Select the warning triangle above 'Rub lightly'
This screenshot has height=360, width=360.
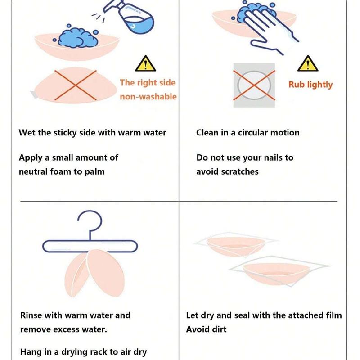307,64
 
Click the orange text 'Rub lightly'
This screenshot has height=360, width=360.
310,85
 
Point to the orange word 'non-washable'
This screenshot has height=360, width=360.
148,97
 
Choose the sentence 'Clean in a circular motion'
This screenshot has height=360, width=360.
247,133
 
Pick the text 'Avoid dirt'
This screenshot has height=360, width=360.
207,329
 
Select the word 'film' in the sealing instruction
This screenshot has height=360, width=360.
333,315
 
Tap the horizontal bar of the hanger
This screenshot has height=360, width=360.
88,245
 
